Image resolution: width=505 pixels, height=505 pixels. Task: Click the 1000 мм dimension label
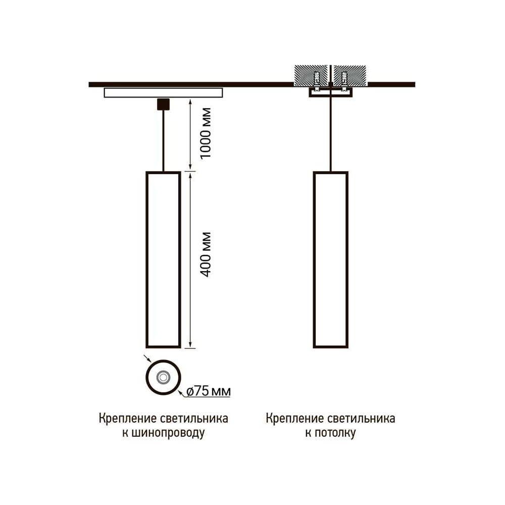coord(206,133)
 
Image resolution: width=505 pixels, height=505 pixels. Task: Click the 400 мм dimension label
coord(206,255)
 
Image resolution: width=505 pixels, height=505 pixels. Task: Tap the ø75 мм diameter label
coord(209,391)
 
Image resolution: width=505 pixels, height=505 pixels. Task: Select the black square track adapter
coord(163,104)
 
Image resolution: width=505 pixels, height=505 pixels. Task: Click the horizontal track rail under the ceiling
coord(163,92)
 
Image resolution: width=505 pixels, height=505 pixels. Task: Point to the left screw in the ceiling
coord(317,79)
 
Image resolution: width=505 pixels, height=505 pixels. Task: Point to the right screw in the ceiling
coord(344,79)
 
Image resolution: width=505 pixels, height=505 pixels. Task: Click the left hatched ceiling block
coord(311,76)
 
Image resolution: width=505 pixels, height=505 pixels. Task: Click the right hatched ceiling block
coord(350,76)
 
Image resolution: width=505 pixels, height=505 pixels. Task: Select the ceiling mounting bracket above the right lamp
coord(330,92)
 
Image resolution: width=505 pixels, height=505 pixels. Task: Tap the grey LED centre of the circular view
coord(163,377)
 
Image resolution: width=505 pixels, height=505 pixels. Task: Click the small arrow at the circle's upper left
coord(147,359)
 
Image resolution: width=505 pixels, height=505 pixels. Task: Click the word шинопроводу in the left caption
coord(168,433)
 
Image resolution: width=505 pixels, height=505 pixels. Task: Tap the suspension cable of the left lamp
coord(163,141)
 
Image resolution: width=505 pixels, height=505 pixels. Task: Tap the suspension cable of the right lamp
coord(330,134)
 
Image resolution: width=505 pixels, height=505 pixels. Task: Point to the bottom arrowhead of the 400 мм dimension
coord(190,344)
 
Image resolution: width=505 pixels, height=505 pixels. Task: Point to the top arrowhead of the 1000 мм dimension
coord(190,103)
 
